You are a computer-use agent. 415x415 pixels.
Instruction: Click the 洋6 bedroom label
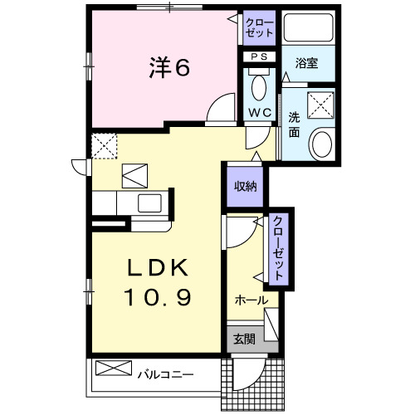[x=170, y=68]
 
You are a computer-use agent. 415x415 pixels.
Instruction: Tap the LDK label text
[x=159, y=267]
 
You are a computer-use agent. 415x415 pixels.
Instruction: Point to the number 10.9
[x=159, y=296]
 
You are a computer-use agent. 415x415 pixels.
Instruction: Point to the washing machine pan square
[x=319, y=105]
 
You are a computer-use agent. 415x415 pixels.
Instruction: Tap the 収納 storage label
[x=244, y=186]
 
